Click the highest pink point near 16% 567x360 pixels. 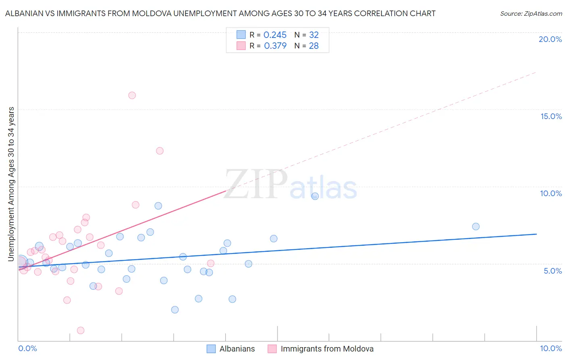[132, 96]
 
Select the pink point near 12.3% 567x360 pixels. [160, 151]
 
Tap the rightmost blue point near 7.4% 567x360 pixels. [476, 226]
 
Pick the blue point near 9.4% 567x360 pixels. [315, 196]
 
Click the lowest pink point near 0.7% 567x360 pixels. [81, 331]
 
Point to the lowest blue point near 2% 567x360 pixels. [175, 310]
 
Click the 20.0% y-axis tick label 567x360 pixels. [550, 39]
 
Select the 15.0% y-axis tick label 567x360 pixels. [551, 116]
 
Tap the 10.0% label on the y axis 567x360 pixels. [551, 193]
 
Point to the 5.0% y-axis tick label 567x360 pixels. [552, 271]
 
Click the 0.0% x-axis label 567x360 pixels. [27, 348]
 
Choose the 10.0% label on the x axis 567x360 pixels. [550, 348]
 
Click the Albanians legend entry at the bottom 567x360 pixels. [237, 349]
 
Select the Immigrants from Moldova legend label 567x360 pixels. [327, 349]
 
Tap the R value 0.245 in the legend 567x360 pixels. [275, 35]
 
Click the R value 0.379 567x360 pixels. [275, 46]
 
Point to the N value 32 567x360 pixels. [314, 35]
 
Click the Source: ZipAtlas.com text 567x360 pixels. [531, 14]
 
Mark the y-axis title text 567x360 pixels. [11, 184]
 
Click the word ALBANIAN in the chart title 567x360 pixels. [25, 13]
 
